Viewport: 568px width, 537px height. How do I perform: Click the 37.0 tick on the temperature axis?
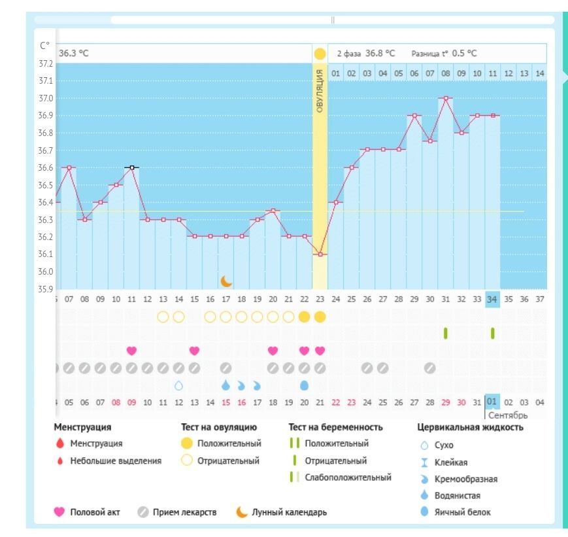45,98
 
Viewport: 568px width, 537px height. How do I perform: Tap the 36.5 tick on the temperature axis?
45,185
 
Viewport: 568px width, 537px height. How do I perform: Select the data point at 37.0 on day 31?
446,98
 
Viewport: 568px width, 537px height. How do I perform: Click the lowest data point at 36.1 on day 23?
320,254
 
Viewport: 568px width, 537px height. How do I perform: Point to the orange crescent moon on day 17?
226,281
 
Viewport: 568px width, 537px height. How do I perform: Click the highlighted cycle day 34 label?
492,300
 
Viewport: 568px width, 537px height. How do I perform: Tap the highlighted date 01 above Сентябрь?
492,402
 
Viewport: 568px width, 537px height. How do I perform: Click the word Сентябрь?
507,415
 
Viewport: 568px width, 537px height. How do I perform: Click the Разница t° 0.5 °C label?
444,53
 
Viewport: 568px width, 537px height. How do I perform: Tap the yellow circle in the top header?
320,53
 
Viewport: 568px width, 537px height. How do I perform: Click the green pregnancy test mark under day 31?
446,334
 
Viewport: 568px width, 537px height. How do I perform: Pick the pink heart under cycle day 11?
131,351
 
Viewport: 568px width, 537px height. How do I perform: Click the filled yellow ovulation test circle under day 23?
320,317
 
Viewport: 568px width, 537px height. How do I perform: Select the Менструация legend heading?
82,428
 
